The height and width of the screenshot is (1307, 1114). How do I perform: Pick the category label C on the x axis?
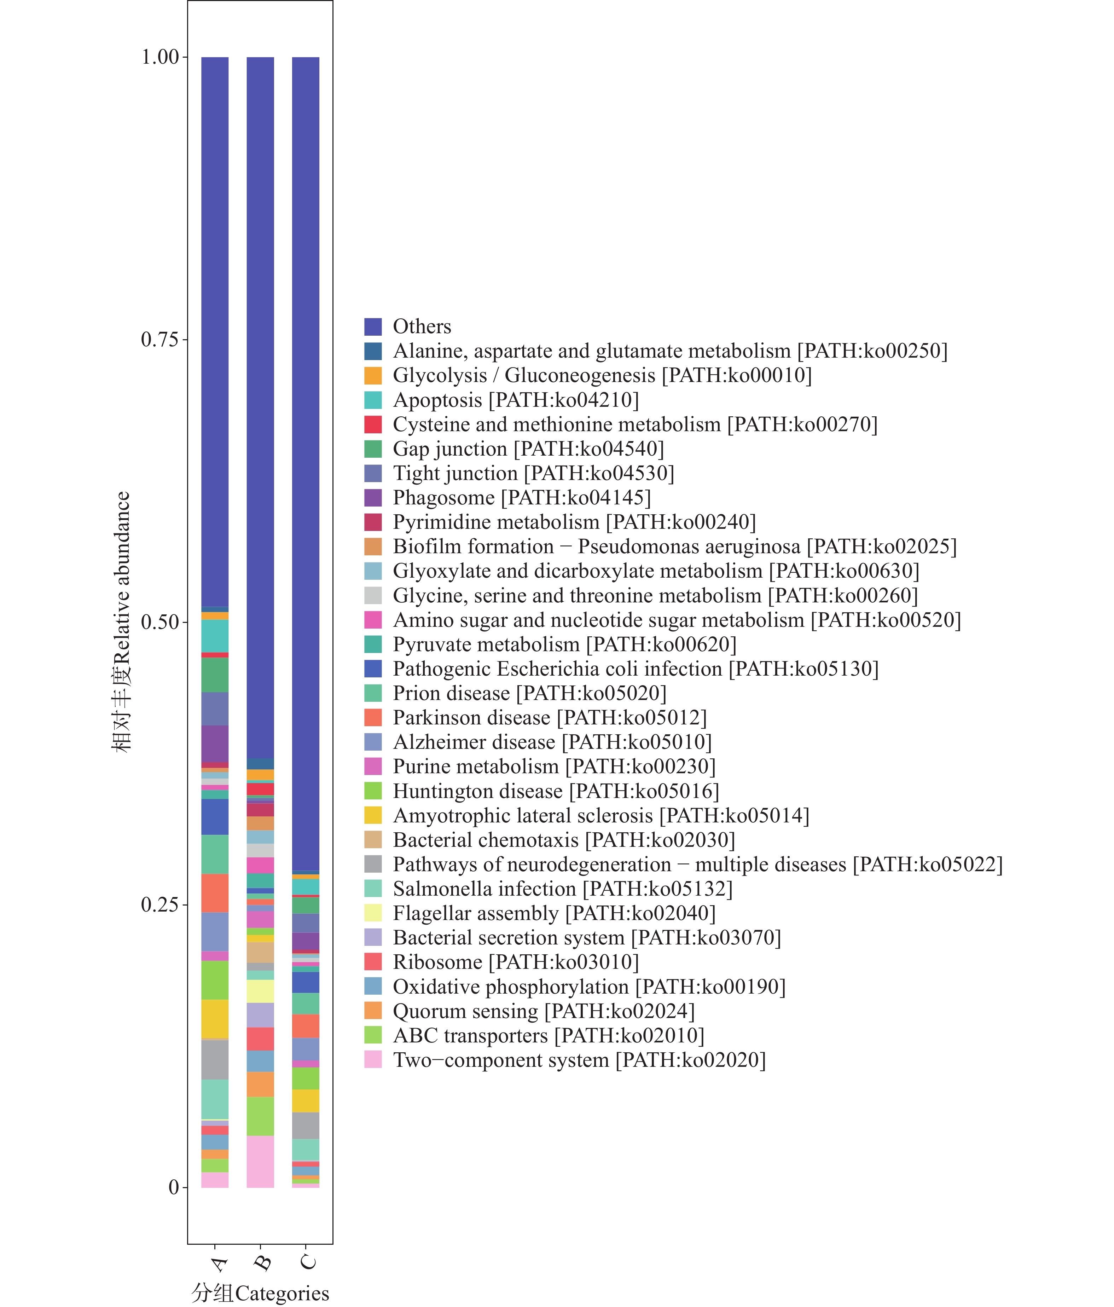[x=308, y=1262]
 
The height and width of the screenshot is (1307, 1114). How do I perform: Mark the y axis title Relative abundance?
[x=121, y=622]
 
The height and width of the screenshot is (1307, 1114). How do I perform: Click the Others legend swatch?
[x=373, y=327]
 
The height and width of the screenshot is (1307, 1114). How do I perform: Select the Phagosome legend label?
[x=521, y=498]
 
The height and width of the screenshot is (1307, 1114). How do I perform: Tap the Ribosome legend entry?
[x=515, y=962]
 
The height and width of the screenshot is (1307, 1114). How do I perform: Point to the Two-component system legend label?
[x=579, y=1060]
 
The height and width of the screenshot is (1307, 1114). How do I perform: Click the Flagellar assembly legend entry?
[x=554, y=913]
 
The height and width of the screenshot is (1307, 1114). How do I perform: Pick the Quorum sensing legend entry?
[x=543, y=1011]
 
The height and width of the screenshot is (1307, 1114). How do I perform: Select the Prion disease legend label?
[x=529, y=693]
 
